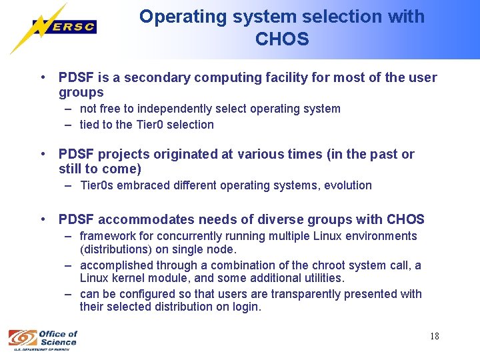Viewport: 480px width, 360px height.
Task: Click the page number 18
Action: (434, 336)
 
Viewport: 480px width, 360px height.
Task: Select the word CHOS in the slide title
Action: (282, 39)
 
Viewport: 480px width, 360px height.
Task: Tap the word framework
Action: (106, 236)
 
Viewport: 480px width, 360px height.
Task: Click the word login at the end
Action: (245, 307)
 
